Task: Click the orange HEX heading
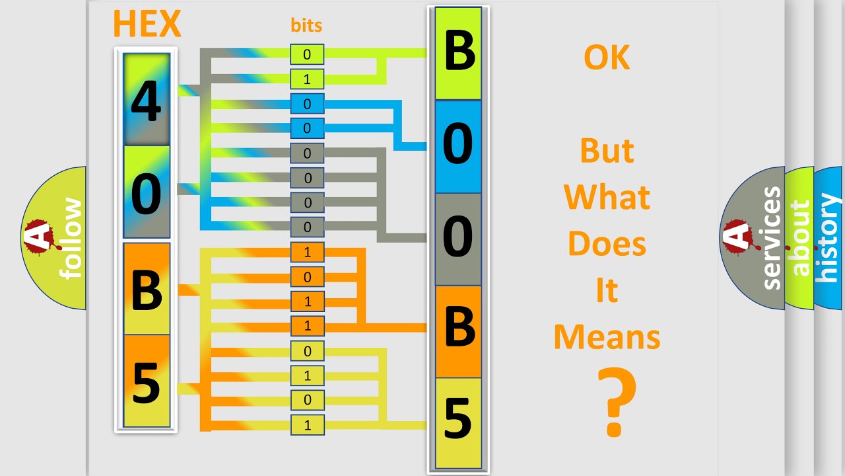click(147, 23)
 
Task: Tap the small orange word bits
click(306, 25)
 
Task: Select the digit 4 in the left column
click(147, 101)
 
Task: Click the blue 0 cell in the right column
click(458, 147)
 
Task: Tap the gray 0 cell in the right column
click(458, 239)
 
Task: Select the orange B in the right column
click(458, 331)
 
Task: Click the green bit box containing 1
click(307, 79)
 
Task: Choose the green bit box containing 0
click(307, 54)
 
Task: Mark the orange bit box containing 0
click(307, 277)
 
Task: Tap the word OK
click(607, 58)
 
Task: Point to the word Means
click(607, 337)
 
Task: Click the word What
click(607, 197)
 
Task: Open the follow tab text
click(71, 238)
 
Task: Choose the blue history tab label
click(828, 238)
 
